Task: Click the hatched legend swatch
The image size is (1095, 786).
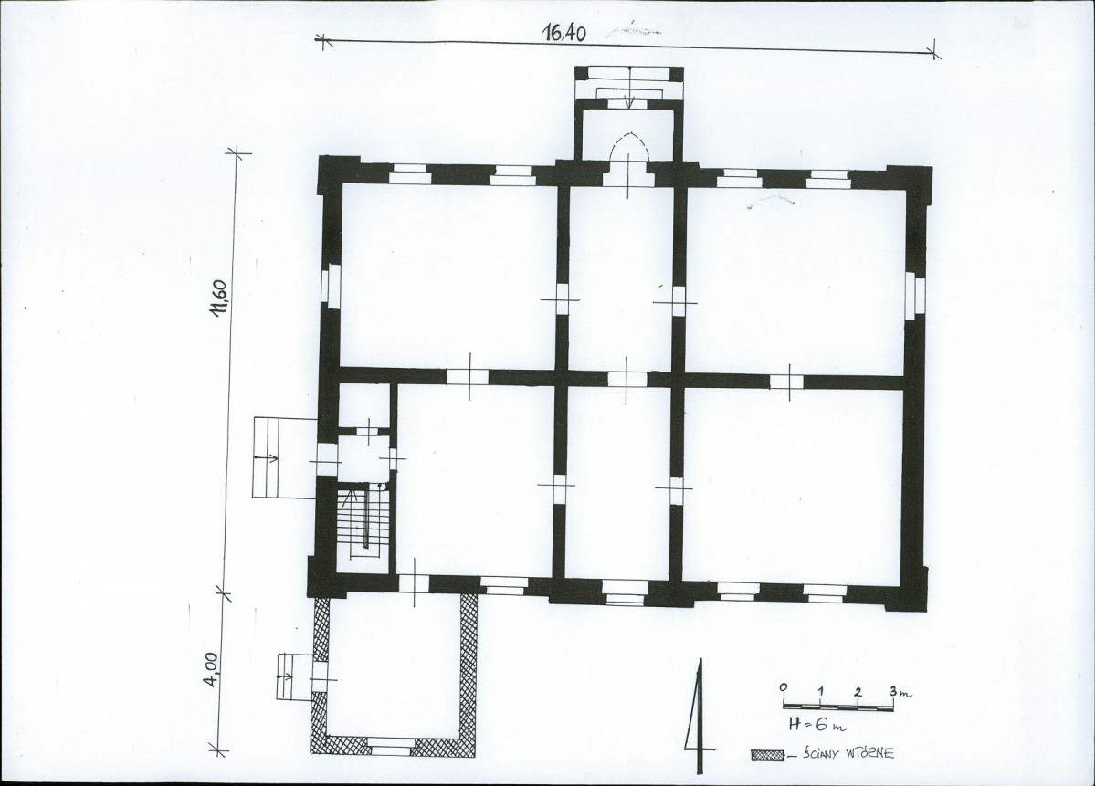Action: pos(768,755)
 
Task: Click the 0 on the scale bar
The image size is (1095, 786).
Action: pos(784,688)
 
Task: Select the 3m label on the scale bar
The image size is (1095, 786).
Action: pos(900,693)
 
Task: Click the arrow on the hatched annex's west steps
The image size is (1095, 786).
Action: pos(285,676)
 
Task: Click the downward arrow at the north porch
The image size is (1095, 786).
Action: pos(629,88)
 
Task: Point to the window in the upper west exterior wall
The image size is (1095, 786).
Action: pos(330,285)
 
